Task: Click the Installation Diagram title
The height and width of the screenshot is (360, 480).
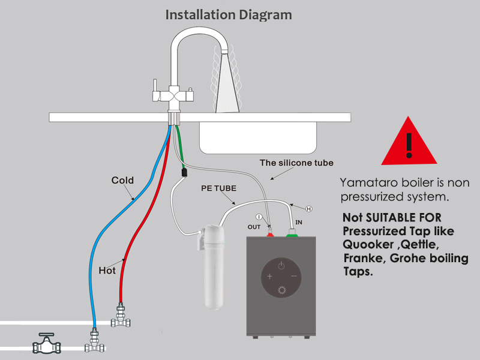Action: (229, 14)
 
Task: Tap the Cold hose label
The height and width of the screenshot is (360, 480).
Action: (122, 180)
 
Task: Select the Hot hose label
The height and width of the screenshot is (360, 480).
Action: (107, 271)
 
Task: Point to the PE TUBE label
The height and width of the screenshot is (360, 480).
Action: (218, 188)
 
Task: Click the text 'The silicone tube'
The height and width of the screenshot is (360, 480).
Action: (296, 163)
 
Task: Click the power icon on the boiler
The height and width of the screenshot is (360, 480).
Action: (281, 265)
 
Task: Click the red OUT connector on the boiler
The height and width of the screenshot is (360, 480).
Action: (270, 233)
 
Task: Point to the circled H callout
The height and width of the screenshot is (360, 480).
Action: (309, 209)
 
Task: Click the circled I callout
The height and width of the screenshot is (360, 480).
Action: (259, 217)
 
